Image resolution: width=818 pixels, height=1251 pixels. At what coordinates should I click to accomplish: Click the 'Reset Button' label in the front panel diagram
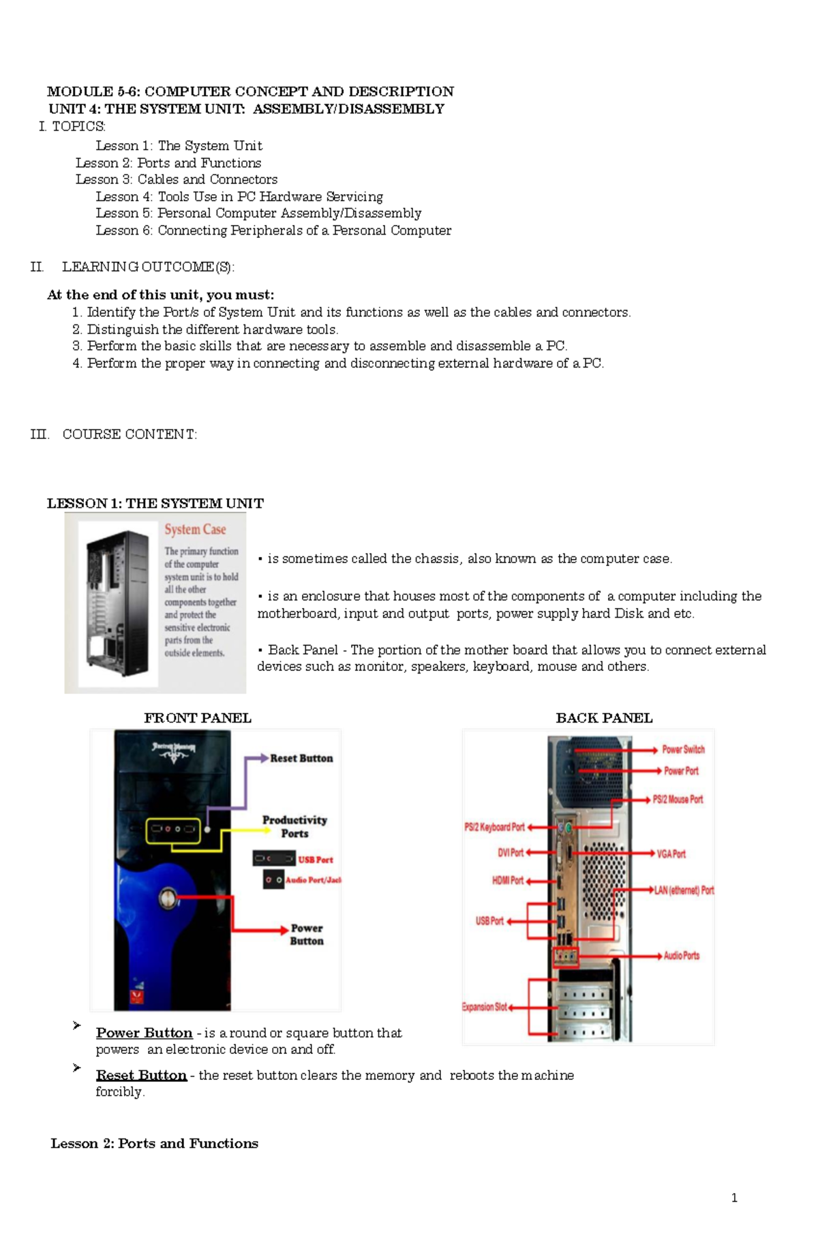click(301, 758)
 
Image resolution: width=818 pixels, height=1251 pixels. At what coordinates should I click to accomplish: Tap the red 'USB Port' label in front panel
click(316, 860)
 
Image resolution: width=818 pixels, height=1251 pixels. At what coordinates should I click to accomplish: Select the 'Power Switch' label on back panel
click(683, 749)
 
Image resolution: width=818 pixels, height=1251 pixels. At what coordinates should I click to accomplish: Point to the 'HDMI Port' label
click(508, 880)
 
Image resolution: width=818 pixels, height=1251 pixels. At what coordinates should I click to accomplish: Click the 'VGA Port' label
click(671, 854)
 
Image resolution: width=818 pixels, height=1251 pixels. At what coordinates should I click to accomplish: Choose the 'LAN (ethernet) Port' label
click(684, 890)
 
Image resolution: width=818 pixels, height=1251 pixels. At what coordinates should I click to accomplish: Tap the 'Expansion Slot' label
click(485, 1007)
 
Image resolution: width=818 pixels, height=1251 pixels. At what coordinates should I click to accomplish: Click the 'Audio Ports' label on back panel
click(682, 956)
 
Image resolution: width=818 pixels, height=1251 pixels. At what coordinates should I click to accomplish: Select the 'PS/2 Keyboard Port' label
click(494, 827)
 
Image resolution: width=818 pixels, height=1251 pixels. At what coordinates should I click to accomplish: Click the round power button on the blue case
click(168, 897)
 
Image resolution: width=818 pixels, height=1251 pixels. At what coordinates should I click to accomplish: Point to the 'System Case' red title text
click(195, 529)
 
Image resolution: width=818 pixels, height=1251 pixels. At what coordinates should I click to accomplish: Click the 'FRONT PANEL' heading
click(198, 718)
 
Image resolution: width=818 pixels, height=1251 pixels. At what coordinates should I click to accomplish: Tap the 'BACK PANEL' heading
click(604, 718)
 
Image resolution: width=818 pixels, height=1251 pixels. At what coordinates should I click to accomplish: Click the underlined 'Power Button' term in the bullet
click(144, 1033)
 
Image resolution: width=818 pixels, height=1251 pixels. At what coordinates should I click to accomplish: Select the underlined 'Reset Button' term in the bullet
click(141, 1075)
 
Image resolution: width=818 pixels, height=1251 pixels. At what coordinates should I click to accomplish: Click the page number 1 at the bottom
click(734, 1198)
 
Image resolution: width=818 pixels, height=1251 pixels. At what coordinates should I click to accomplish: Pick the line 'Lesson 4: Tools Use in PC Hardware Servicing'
click(239, 196)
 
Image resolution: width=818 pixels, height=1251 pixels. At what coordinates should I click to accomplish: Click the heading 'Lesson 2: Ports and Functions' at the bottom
click(154, 1143)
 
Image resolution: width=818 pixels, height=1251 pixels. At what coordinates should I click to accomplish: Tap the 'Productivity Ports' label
click(294, 826)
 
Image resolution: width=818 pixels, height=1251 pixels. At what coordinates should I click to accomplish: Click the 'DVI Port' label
click(511, 853)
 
